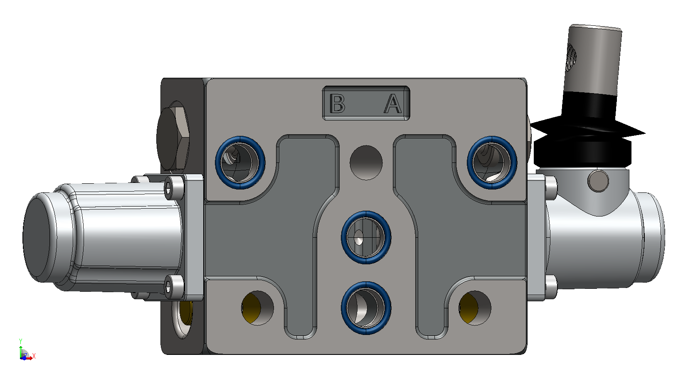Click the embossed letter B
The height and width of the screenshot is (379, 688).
[x=337, y=103]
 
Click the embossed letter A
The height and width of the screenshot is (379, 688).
[x=393, y=103]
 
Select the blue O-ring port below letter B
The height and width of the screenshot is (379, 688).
[x=240, y=162]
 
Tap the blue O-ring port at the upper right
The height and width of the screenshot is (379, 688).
[x=492, y=162]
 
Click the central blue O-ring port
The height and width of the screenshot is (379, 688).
[x=366, y=237]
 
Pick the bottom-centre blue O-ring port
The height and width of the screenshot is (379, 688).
[x=366, y=308]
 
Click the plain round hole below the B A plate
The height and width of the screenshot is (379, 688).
[x=366, y=163]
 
